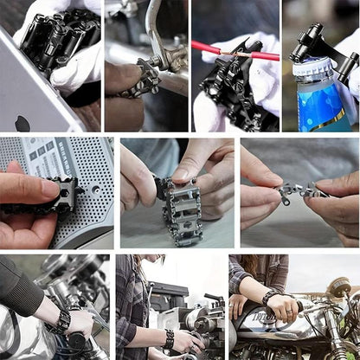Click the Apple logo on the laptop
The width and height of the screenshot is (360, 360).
(x=22, y=122)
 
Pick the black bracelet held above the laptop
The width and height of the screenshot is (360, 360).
(x=61, y=40)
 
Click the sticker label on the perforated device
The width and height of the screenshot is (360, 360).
(x=52, y=160)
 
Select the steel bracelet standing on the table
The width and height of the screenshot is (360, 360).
(x=181, y=209)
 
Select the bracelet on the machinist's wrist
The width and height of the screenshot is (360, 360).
(x=170, y=337)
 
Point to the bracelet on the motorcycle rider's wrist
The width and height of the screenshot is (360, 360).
(x=269, y=298)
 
